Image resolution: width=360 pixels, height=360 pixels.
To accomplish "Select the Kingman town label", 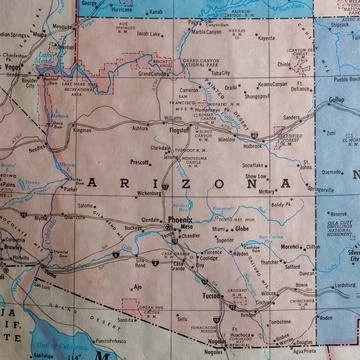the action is coord(83,129).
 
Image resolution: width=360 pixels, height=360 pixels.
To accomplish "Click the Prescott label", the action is coord(140,160).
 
